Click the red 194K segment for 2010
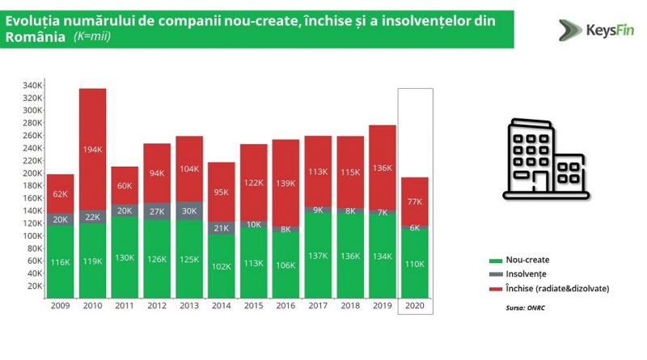93,149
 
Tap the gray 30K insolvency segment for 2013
189,211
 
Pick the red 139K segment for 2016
286,184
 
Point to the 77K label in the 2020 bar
416,201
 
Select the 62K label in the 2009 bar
61,194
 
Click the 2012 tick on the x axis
157,307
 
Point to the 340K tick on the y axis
32,85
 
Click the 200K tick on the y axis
32,173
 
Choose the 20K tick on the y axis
34,286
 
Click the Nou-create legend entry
525,260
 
